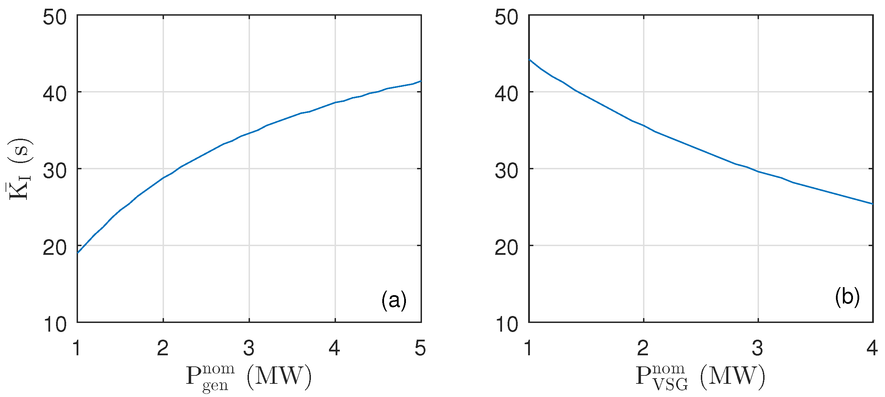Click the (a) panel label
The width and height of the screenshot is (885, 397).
pos(394,300)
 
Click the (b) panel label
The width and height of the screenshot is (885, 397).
pos(847,297)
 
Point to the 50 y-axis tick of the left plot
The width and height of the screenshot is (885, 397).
pos(55,17)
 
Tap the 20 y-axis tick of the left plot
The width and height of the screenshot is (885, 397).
pos(55,248)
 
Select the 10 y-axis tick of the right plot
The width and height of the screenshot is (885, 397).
pos(507,324)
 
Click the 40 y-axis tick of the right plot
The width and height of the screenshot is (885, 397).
pos(507,94)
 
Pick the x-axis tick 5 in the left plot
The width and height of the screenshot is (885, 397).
pos(420,348)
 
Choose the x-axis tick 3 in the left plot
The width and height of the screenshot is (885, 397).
pos(249,348)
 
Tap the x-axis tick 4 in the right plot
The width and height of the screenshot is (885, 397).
pos(872,348)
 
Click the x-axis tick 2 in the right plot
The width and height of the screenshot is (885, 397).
pos(643,348)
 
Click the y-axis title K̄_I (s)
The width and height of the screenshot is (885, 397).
pos(20,169)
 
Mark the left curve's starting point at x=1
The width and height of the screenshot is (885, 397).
pos(78,253)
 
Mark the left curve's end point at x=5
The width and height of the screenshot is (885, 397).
pos(421,81)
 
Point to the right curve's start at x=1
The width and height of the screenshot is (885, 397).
pos(529,59)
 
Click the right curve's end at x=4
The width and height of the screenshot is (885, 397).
pos(872,204)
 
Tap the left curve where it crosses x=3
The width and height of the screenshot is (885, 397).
pos(249,133)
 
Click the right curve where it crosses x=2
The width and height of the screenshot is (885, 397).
pos(644,125)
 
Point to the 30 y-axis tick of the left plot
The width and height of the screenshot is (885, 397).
pos(55,171)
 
